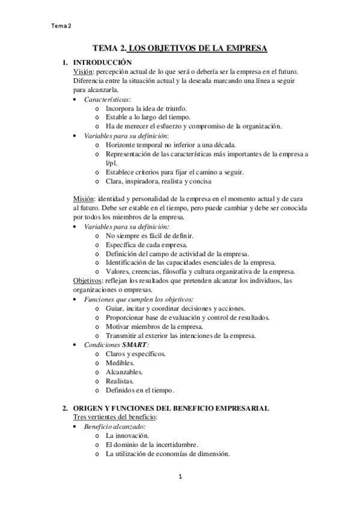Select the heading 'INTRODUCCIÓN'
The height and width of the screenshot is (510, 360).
click(x=101, y=62)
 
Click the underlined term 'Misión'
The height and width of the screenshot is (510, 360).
click(x=84, y=199)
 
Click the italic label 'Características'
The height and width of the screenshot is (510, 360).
click(x=107, y=99)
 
